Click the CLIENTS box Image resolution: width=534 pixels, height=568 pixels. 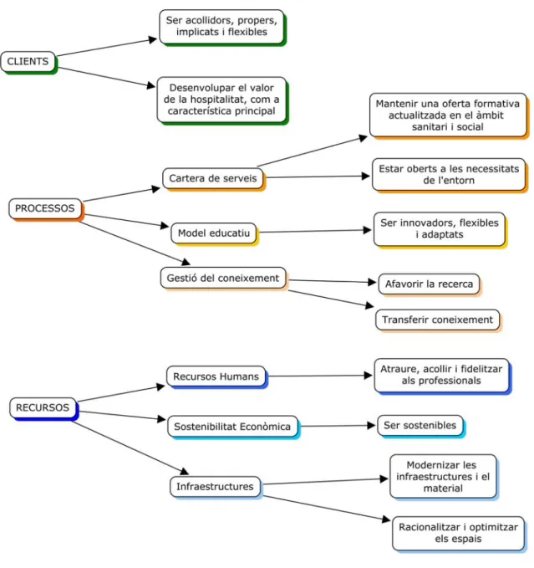click(28, 62)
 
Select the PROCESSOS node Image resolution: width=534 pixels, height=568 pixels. click(46, 208)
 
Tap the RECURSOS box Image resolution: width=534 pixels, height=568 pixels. click(43, 408)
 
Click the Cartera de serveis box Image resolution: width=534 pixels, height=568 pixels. click(213, 178)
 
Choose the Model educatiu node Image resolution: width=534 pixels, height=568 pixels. click(214, 233)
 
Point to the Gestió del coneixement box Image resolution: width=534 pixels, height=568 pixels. click(224, 279)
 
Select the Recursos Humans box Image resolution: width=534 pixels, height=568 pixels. click(216, 376)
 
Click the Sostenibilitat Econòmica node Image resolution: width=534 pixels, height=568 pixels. click(233, 427)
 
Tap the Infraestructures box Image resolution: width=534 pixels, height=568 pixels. click(216, 487)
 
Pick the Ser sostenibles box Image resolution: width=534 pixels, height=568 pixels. click(420, 426)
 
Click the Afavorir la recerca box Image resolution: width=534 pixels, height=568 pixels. click(430, 284)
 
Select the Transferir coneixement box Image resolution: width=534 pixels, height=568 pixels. click(438, 320)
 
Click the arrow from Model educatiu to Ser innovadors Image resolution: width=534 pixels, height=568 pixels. click(316, 231)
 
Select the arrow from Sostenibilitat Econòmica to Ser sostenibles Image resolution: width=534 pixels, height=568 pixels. click(338, 426)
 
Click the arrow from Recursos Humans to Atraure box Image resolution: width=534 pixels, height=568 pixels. click(321, 376)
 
